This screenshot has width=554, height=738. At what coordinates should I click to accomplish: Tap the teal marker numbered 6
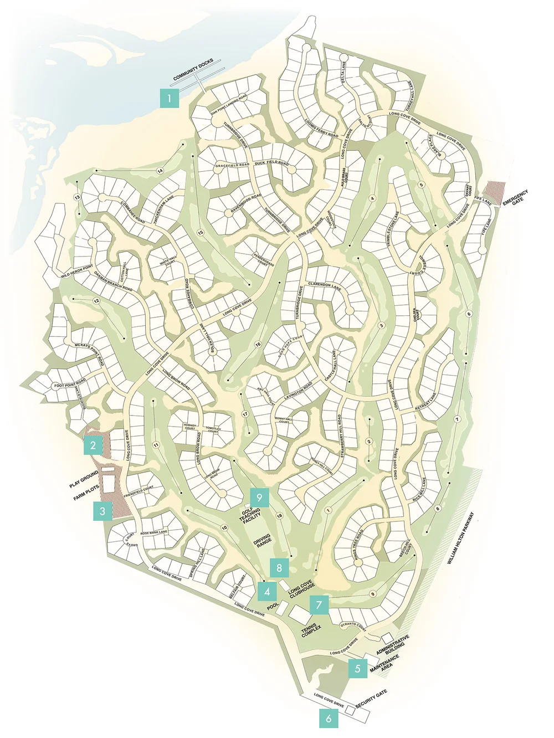point(329,718)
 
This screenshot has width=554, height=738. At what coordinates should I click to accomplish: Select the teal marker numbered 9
point(259,498)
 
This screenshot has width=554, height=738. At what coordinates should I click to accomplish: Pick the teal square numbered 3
point(102,511)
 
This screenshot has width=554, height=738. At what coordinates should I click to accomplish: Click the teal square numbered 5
point(357,669)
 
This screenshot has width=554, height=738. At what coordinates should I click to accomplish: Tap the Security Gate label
point(371,699)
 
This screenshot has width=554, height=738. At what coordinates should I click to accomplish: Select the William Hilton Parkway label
point(461,538)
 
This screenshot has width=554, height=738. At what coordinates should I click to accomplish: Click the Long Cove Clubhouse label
point(301,590)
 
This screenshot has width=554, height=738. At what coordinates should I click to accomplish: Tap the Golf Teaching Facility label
point(250,515)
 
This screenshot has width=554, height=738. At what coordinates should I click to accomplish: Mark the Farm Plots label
point(86,493)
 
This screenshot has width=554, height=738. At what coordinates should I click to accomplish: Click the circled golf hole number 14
point(160,171)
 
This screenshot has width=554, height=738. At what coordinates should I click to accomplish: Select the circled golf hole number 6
point(469,314)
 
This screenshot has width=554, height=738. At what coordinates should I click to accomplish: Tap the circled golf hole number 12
point(96,301)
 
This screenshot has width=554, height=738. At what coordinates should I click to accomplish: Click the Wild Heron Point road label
point(77,271)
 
